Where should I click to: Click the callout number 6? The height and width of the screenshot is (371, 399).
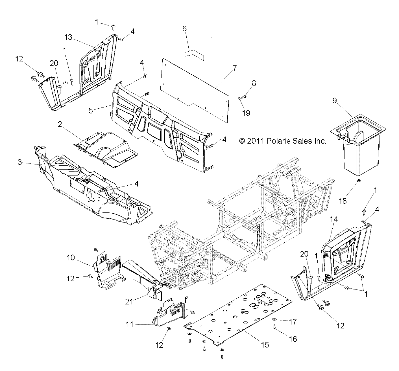[184, 28]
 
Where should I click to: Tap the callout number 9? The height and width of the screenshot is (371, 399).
[334, 101]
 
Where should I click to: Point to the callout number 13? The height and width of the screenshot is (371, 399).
[68, 37]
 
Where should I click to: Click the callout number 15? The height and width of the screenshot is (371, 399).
[265, 344]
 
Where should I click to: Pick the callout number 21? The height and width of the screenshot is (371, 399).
[129, 302]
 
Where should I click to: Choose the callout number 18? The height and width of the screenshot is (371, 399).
[343, 201]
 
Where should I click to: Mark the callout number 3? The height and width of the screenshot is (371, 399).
[19, 162]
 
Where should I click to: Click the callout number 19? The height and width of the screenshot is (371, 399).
[246, 113]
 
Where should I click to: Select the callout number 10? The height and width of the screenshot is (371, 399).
[71, 258]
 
